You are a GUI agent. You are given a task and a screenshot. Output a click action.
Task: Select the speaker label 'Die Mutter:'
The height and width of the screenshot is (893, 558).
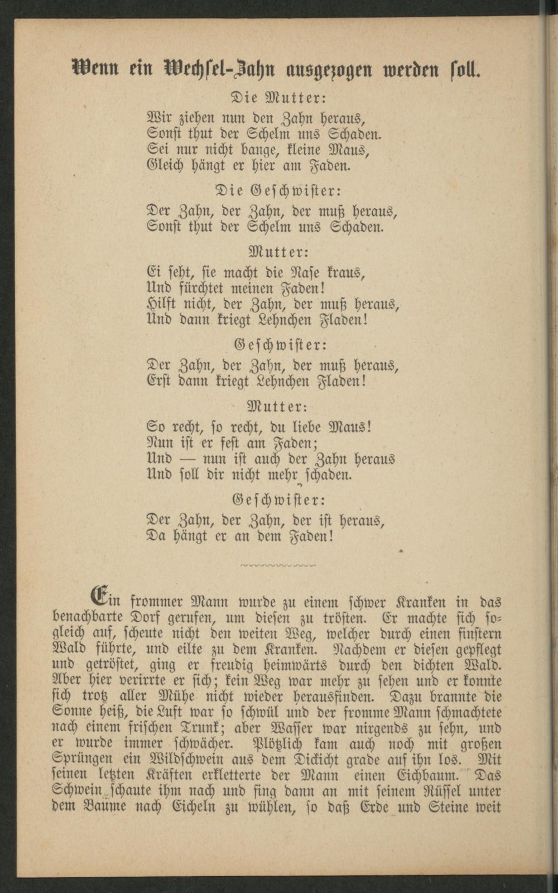[278, 97]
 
